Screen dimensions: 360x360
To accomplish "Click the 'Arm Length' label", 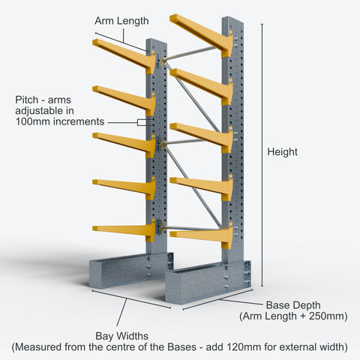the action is click(x=121, y=21).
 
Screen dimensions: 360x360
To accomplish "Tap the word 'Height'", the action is click(x=282, y=152).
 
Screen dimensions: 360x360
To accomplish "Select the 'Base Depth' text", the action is click(x=293, y=305).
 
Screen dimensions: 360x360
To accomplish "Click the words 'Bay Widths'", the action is click(x=122, y=336).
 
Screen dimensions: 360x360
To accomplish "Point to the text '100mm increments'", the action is click(x=60, y=121).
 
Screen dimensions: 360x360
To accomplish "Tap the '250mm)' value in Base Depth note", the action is click(x=328, y=316).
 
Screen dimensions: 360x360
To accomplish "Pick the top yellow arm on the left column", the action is click(x=124, y=55).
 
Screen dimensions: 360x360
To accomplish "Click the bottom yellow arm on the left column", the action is click(x=124, y=230).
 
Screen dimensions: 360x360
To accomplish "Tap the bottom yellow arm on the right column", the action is click(x=202, y=236).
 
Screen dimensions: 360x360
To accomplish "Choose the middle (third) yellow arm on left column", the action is click(x=124, y=145).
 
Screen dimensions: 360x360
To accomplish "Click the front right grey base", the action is click(x=208, y=281).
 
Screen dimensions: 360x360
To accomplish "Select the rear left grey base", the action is click(x=131, y=271).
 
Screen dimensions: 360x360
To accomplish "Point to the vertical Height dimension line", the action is click(x=262, y=155).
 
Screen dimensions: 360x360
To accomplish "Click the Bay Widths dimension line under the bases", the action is click(x=131, y=299).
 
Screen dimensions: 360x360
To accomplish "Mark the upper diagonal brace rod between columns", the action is click(x=193, y=97).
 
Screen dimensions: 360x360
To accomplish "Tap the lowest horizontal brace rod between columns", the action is click(x=192, y=228).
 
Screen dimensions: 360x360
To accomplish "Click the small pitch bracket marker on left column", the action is click(x=142, y=122).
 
